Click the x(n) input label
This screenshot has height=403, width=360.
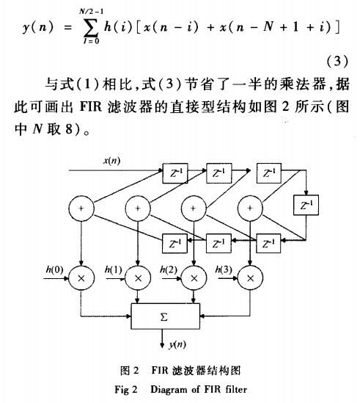coord(111,161)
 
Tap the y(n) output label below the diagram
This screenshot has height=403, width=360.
coord(177,344)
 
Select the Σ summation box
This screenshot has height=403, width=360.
coord(166,316)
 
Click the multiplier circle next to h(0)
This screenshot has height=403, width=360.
coord(81,278)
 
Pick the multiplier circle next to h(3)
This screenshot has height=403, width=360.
coord(250,278)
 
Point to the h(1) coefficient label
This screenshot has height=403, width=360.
coord(113,269)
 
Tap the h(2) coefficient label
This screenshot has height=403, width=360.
coord(169,269)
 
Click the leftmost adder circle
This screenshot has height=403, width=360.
coord(81,208)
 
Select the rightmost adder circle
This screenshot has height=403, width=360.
coord(250,208)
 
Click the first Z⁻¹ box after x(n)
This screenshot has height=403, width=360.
coord(175,173)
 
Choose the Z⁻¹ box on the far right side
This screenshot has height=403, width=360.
coord(306,205)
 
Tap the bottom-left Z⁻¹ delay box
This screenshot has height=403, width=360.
coord(175,243)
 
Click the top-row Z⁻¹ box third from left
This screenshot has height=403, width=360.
coord(269,173)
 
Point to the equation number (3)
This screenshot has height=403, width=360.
coord(337,62)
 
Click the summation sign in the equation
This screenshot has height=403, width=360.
coord(90,26)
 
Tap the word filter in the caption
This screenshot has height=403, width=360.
coord(236,389)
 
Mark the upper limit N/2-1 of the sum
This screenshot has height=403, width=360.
coord(91,11)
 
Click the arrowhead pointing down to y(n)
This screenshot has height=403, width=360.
coord(162,345)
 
